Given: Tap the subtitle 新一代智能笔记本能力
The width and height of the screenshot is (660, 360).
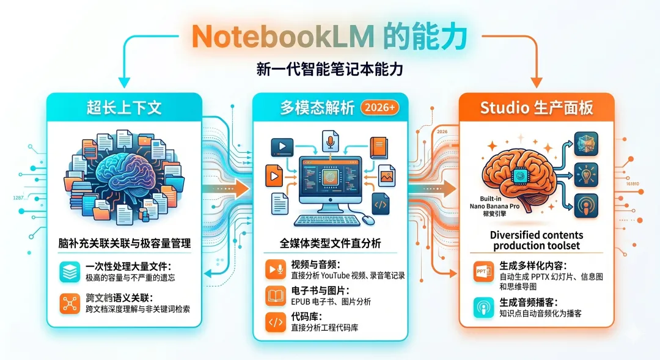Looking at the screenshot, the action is tap(330, 70).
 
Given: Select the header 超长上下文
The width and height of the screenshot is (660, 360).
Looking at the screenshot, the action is tap(124, 108).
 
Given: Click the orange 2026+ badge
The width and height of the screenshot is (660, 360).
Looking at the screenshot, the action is tap(380, 108).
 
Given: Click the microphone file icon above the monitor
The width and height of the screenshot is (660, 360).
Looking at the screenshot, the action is tap(331, 141).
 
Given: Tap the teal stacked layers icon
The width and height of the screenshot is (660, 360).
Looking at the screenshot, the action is tap(70, 272).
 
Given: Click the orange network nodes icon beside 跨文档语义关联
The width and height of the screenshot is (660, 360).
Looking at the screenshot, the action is tap(70, 304).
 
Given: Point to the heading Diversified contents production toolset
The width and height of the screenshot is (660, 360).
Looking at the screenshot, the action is tap(537, 240).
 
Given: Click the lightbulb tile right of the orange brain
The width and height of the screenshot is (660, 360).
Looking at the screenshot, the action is tap(587, 175).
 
